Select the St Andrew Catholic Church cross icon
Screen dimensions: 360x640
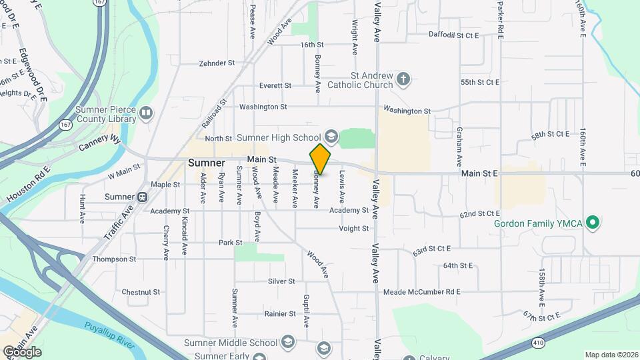[x=403, y=80]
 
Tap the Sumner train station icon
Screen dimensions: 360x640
[x=141, y=197]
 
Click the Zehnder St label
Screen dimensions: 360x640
[x=217, y=64]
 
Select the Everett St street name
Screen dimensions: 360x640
[x=275, y=86]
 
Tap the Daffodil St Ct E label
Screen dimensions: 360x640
[x=454, y=35]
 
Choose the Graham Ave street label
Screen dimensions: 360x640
[x=459, y=147]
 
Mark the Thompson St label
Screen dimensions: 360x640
[x=114, y=259]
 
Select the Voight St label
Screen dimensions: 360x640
[x=353, y=229]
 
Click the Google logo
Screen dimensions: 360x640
[x=22, y=352]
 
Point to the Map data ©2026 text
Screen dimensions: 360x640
[x=611, y=355]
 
